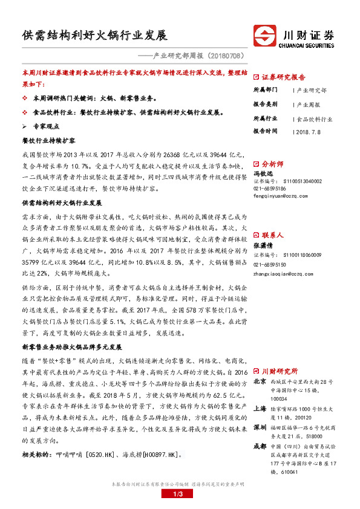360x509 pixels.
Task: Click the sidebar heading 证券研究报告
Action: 283,77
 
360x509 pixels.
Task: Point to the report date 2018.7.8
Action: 308,131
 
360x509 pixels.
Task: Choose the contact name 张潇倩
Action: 263,245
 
